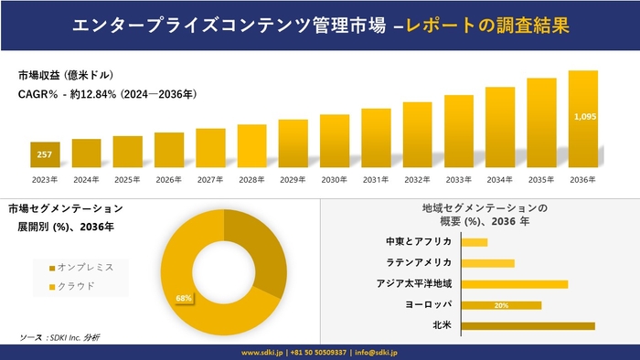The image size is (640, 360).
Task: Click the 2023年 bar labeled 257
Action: tap(45, 155)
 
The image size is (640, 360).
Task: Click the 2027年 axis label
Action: tap(210, 179)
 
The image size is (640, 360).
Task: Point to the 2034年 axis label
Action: tap(500, 179)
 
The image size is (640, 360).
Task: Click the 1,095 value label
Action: tap(583, 117)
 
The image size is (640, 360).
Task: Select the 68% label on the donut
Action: tap(184, 298)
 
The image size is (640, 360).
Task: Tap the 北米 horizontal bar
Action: tap(528, 325)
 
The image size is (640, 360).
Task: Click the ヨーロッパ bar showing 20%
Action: tap(501, 305)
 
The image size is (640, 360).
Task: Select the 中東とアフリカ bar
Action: tap(475, 242)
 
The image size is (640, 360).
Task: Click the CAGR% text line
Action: tap(107, 94)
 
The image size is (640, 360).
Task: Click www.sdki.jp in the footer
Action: tap(261, 352)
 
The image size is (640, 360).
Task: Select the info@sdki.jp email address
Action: tap(378, 352)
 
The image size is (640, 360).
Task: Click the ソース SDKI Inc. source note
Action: tap(60, 337)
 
